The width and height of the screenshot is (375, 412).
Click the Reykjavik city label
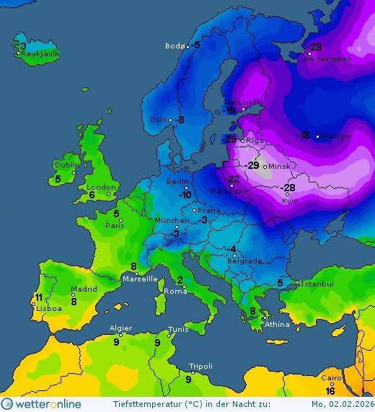tap(40, 54)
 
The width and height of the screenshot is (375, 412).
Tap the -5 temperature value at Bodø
tap(196, 45)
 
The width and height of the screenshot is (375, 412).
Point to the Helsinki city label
tap(239, 102)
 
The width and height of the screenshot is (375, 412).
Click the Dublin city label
tap(66, 165)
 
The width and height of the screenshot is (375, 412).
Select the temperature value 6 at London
tap(92, 196)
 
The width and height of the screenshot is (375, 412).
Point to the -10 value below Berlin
tap(185, 195)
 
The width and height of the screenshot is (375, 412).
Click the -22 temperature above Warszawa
tap(233, 179)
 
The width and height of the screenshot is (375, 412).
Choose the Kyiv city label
tap(290, 201)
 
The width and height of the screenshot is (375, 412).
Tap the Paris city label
tap(116, 225)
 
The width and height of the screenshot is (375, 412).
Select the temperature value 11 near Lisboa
tap(37, 297)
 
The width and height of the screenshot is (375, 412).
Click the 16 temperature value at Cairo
tap(330, 391)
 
